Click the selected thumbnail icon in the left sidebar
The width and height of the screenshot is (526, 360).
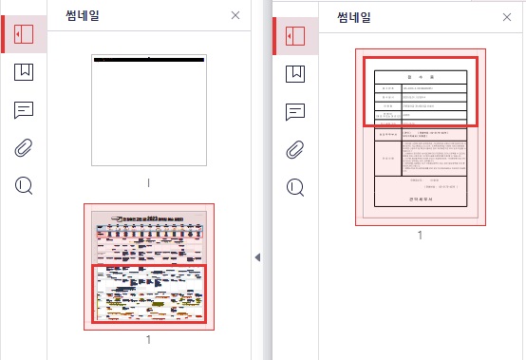pos(24,33)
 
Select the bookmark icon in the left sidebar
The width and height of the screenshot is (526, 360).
pos(24,71)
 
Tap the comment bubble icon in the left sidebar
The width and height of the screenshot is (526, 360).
pos(24,109)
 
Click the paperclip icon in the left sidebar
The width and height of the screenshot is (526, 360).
pos(24,147)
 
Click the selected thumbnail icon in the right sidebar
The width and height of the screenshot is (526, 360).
pos(295,35)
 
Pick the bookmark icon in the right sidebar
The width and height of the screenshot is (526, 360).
pos(295,72)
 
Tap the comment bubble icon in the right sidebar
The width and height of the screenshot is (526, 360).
pos(295,110)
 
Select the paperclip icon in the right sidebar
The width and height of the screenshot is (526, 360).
pos(295,148)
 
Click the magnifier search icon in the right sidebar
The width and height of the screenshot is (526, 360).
pos(295,186)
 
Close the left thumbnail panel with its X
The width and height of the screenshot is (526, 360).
pos(235,15)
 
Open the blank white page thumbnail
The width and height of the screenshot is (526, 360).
pos(148,110)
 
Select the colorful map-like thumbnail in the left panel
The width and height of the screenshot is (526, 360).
pos(148,267)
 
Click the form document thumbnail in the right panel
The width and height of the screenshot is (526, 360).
pos(421,137)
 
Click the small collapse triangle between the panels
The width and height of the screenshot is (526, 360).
pos(257,257)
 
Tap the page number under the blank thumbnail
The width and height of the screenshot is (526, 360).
pos(148,181)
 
